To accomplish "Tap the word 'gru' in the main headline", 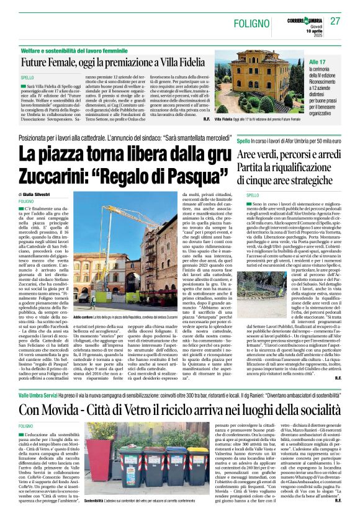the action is (202, 153).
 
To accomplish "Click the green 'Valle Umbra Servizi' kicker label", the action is (41, 393).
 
